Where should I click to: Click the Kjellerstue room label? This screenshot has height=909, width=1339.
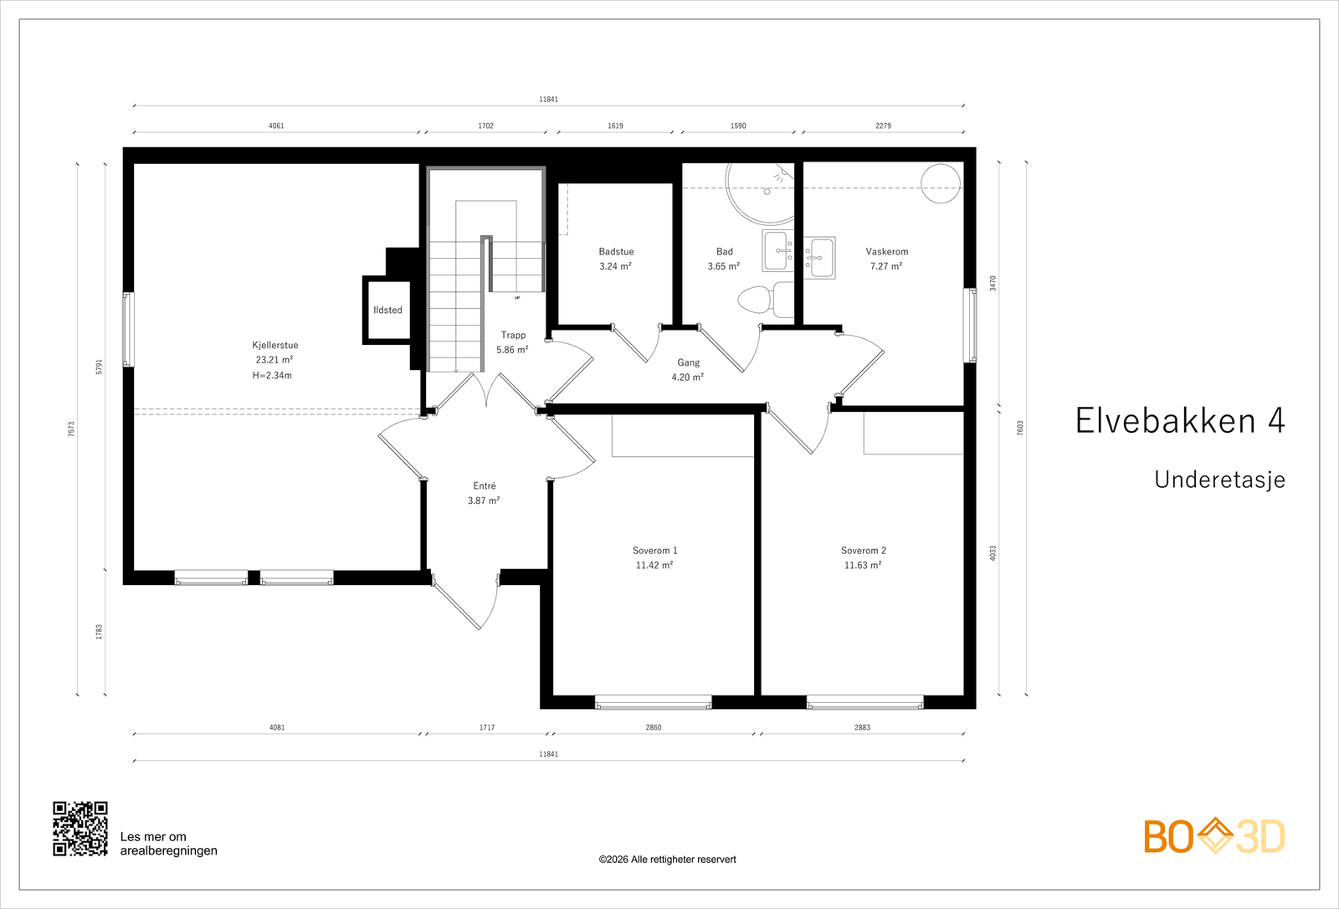coord(275,345)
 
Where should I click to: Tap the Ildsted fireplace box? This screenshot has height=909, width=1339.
coord(387,310)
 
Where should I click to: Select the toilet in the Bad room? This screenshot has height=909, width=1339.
coord(766,299)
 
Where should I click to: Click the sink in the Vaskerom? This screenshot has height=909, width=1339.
coord(819,258)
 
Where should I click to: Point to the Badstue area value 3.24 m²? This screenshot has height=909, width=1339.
coord(616,266)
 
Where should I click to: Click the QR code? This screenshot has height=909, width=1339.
coord(80,829)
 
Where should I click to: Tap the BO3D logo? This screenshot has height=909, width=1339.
coord(1214,836)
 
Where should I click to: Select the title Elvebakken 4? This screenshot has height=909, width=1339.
coord(1180,420)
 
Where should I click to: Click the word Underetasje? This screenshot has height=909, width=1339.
coord(1219,480)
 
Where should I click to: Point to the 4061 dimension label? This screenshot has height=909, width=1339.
coord(276,126)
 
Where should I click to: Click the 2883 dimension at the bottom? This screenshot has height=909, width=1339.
coord(862,727)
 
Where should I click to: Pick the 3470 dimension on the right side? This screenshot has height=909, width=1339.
coord(993,283)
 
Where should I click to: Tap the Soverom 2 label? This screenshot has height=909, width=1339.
coord(863,550)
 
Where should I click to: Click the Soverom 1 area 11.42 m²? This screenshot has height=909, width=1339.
coord(654,565)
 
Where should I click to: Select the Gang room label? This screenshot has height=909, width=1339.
coord(688,362)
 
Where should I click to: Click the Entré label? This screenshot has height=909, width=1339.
coord(485,485)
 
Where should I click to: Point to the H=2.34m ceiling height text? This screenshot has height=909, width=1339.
coord(272,376)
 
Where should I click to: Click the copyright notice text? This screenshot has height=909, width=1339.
coord(667,860)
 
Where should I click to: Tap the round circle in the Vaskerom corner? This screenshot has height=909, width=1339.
coord(941,183)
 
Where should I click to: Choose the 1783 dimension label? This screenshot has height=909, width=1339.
coord(100,632)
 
